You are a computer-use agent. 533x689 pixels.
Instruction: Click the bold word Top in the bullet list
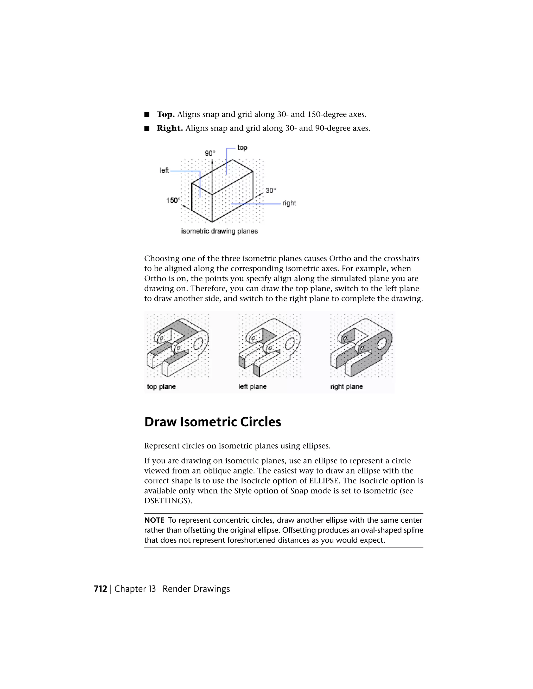click(166, 114)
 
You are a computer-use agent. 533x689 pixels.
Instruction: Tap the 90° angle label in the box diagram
click(210, 153)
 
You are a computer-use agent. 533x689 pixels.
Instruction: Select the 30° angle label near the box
click(270, 191)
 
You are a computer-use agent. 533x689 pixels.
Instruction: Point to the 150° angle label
click(173, 200)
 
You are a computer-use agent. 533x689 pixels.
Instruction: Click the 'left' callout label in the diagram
click(164, 170)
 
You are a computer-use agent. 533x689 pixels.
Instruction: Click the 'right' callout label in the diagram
click(289, 203)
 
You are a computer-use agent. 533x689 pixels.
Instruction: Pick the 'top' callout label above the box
click(242, 147)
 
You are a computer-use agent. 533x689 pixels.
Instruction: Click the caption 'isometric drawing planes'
click(219, 231)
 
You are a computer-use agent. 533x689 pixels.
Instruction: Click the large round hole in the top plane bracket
click(198, 343)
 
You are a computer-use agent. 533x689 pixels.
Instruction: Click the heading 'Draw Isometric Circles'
click(213, 422)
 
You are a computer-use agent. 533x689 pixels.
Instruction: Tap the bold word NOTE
click(154, 520)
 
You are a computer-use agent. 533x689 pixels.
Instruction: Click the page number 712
click(100, 589)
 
